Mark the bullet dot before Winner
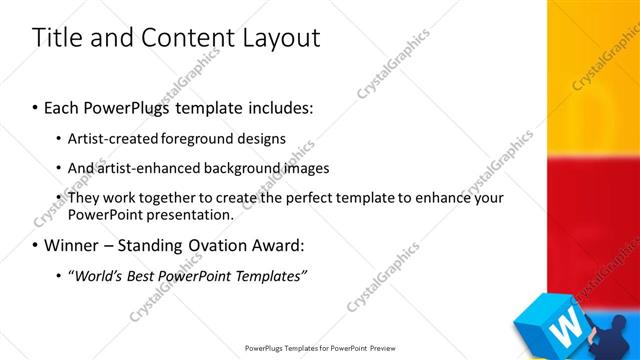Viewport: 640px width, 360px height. (36, 244)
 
